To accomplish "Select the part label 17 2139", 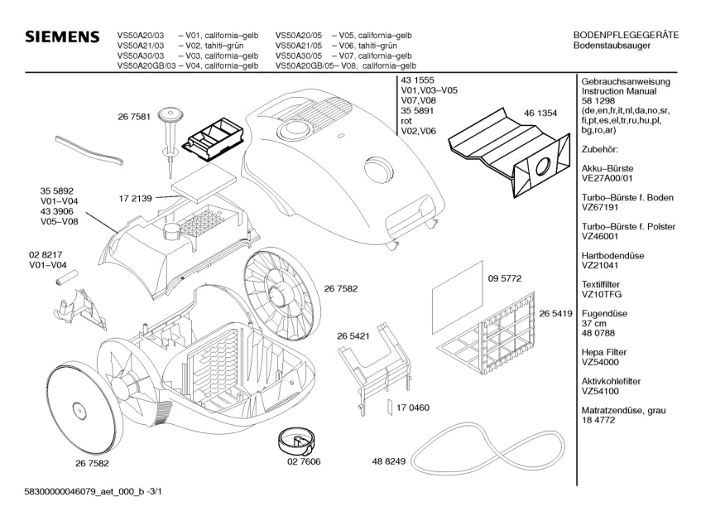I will pos(135,200).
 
